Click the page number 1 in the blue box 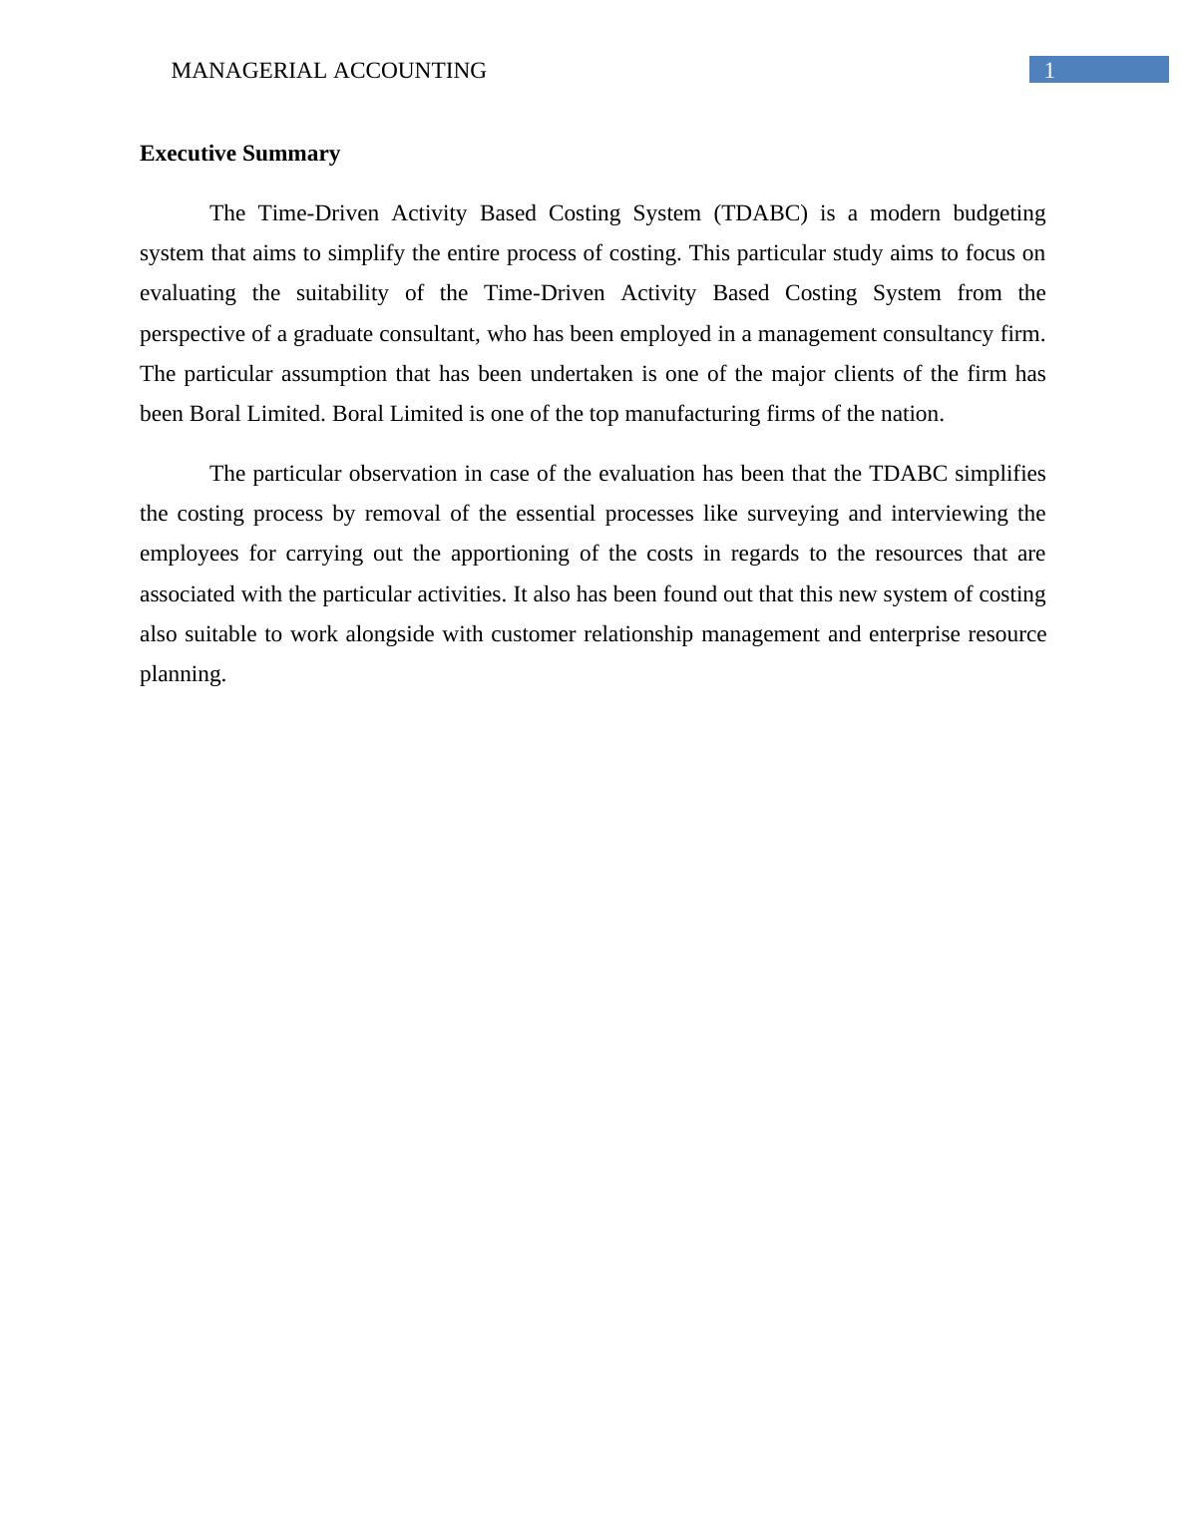click(x=1049, y=70)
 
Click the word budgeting click(x=998, y=213)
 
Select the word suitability click(x=342, y=293)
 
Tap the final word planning click(x=183, y=674)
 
